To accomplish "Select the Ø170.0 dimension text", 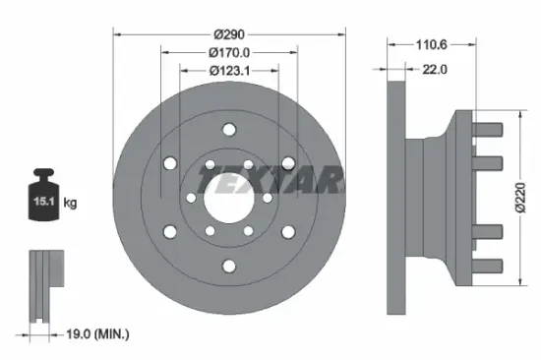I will click(229, 52).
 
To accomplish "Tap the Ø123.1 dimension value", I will click(229, 70).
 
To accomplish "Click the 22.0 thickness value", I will click(435, 69).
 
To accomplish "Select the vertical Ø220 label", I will click(518, 198).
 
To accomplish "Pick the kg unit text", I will click(70, 204).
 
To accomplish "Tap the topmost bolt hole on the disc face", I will click(228, 130).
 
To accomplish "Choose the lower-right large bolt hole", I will click(287, 233).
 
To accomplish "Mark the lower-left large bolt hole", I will click(169, 233).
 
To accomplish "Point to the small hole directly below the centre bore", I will click(228, 237).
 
